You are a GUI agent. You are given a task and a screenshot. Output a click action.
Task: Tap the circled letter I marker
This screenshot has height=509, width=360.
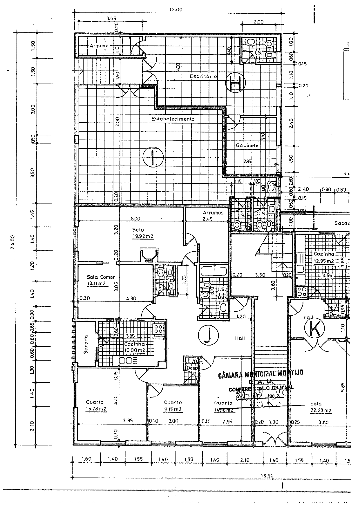click(153, 157)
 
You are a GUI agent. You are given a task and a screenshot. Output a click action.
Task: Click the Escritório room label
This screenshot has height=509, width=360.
click(203, 76)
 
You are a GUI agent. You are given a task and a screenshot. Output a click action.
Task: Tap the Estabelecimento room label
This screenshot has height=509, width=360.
click(173, 119)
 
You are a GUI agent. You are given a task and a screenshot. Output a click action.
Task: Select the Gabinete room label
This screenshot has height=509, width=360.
click(247, 145)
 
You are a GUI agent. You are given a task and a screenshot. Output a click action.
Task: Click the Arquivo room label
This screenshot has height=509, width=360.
click(99, 46)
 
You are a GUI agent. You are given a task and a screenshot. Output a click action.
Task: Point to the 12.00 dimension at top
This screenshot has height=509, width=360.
click(176, 9)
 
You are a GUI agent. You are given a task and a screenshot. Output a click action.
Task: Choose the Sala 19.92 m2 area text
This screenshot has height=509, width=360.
click(143, 236)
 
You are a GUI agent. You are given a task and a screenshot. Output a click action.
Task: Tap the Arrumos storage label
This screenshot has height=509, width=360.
click(213, 212)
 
